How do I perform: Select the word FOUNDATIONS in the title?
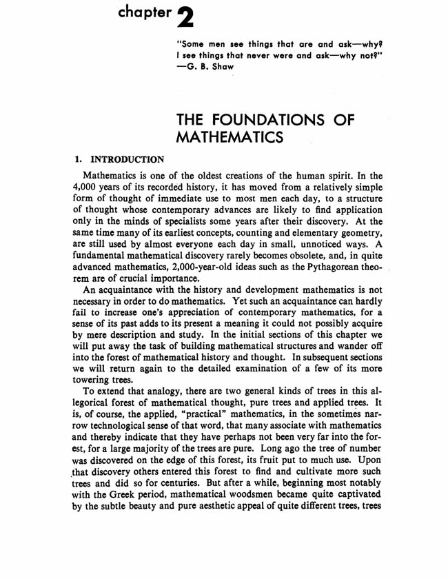pyautogui.click(x=276, y=119)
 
